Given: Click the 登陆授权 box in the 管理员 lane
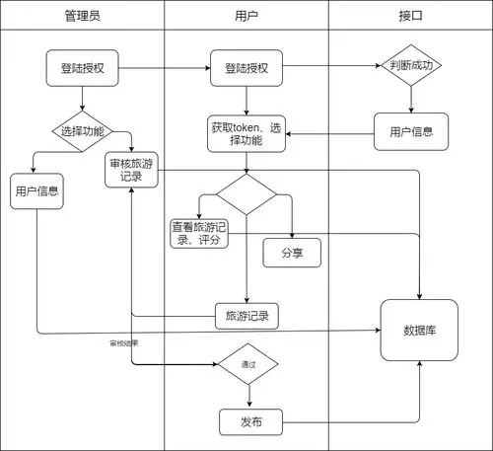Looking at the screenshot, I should (82, 68).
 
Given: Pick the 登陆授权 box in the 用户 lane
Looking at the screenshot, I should (246, 68).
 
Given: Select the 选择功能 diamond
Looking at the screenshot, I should (82, 130).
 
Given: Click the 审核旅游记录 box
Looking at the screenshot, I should (132, 170).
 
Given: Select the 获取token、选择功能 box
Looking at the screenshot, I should (246, 135).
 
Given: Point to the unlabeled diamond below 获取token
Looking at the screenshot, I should (246, 194).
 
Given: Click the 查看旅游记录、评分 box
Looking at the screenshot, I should (199, 234).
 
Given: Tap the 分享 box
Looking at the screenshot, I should (292, 253).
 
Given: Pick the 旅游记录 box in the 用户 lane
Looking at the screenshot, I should (246, 316).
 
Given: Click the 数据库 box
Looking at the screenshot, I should (420, 329).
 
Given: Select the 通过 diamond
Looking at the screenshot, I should (247, 365).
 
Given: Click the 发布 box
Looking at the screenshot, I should (250, 422).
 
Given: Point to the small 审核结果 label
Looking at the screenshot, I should (123, 343).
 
